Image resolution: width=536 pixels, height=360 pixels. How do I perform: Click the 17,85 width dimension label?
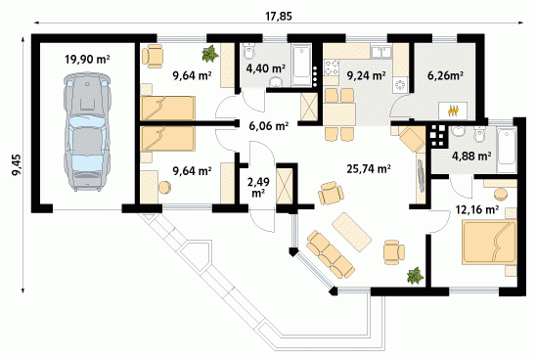point(279,16)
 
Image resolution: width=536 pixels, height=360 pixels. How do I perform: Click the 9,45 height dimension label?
point(17,165)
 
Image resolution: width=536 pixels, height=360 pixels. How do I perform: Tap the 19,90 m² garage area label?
point(87,60)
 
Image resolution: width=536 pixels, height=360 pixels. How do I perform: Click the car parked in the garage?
point(87,132)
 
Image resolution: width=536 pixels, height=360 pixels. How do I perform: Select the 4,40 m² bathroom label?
point(266,68)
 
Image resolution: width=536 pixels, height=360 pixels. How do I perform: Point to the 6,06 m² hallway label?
point(268,126)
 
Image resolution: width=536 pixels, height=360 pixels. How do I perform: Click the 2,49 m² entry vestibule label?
point(258,187)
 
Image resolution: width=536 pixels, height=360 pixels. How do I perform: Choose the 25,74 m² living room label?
point(369,168)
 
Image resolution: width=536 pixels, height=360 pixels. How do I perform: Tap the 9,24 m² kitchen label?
point(367,75)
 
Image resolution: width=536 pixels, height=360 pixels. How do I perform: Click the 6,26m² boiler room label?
point(445,75)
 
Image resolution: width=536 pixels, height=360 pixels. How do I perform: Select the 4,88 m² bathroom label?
point(471,157)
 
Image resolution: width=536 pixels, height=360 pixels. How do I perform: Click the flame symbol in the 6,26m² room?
point(453,111)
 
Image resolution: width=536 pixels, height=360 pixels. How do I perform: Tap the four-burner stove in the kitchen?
point(332,67)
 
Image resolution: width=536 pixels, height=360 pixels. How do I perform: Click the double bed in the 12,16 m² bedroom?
point(489,243)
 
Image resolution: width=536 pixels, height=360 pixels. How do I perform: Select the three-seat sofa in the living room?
point(331,254)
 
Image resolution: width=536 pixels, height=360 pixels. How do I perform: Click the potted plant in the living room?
point(415,275)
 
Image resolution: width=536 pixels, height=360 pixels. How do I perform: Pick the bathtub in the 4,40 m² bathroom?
point(301,66)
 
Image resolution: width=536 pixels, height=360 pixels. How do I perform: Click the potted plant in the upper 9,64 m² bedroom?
point(210,54)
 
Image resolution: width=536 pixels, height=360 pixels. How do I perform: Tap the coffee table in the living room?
point(352,232)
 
